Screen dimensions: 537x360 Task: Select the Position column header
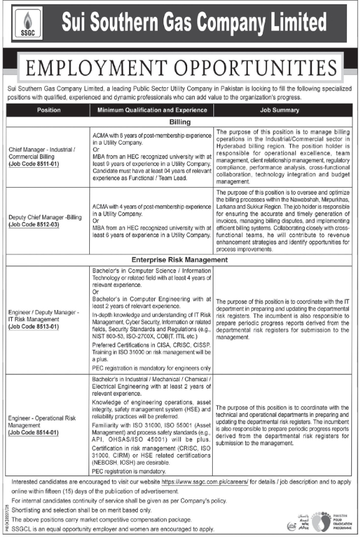[49, 110]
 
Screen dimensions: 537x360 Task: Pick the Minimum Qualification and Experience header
[152, 110]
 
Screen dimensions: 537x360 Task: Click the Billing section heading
[180, 122]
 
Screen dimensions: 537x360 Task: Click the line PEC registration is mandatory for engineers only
[151, 368]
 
